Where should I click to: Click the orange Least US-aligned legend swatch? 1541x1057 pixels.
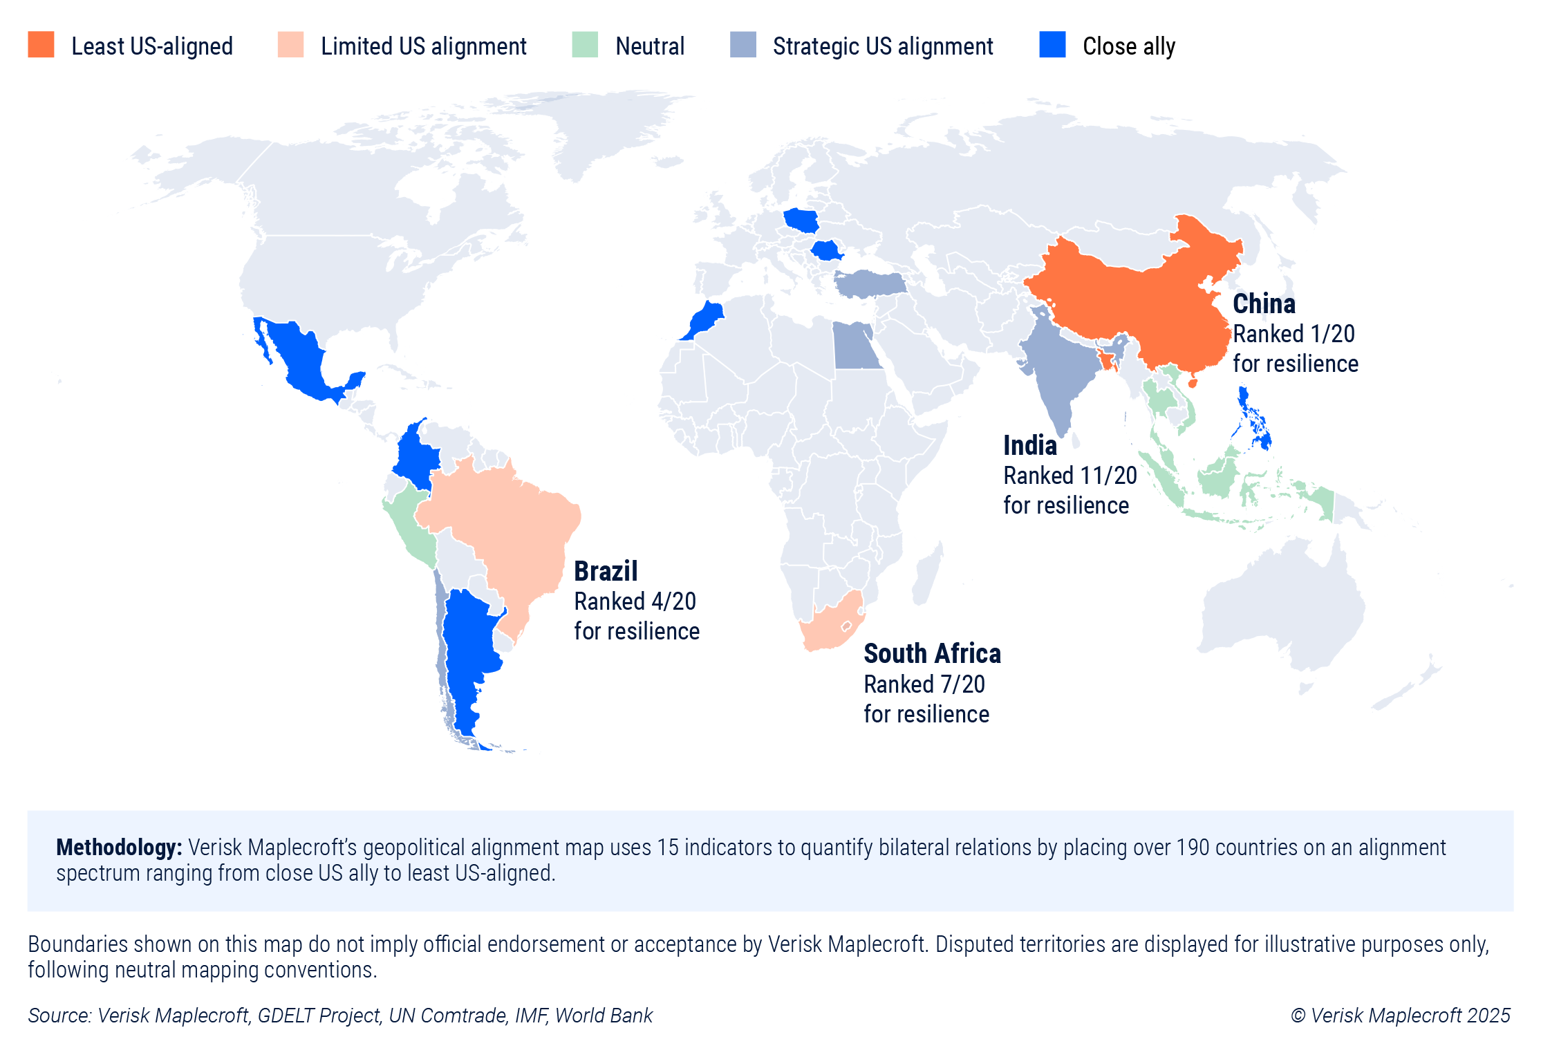[41, 45]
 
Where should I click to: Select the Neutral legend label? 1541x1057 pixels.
[649, 46]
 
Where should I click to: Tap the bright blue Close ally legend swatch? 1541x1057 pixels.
[1052, 45]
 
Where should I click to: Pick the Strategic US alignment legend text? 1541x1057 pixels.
[882, 46]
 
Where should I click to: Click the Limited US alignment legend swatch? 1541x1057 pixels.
[290, 45]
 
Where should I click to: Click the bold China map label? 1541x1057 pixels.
[1263, 303]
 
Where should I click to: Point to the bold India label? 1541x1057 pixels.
[1029, 446]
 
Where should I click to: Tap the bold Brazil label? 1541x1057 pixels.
[606, 572]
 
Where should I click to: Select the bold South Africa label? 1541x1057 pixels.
[931, 653]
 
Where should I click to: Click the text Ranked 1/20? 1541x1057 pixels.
[1293, 334]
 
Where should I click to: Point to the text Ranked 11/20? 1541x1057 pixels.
[1070, 476]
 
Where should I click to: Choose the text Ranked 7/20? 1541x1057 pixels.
[924, 684]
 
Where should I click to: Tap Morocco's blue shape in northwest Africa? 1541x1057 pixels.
[704, 319]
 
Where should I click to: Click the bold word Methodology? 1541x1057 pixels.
[118, 847]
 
